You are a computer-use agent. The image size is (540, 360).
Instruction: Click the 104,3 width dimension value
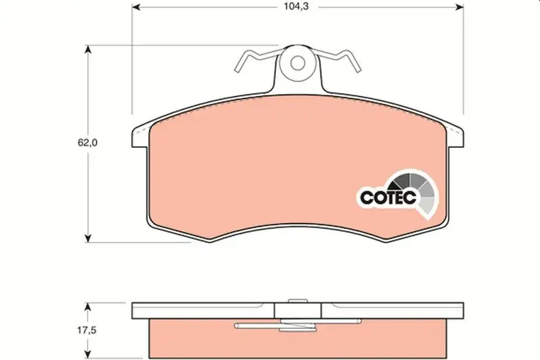click(296, 7)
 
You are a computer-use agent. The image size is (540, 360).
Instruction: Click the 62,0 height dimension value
click(88, 143)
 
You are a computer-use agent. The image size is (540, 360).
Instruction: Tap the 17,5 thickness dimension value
click(86, 330)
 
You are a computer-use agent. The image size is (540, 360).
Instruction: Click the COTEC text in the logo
click(388, 197)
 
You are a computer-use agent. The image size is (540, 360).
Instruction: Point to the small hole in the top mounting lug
click(297, 63)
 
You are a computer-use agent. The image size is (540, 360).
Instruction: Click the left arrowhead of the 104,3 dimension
click(136, 7)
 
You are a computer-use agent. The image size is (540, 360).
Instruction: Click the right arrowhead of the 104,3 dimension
click(460, 7)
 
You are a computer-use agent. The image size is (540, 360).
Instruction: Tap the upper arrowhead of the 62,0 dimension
click(88, 49)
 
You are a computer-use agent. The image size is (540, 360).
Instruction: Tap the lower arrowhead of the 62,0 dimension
click(88, 238)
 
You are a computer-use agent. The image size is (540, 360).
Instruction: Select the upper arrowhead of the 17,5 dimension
click(88, 307)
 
